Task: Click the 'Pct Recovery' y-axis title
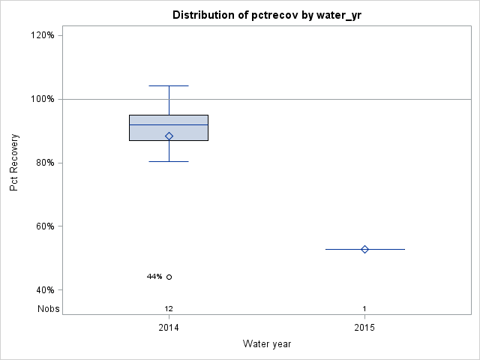14,163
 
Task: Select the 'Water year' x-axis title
267,344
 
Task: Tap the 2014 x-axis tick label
169,328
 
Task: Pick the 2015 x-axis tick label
364,328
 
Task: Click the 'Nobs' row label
49,308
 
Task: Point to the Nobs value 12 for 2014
169,308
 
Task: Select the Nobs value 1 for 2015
364,308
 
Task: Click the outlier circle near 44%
169,277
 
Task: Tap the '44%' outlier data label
154,277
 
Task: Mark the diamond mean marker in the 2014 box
169,136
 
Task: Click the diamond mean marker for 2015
364,249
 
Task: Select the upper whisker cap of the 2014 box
169,85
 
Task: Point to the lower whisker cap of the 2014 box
169,161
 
